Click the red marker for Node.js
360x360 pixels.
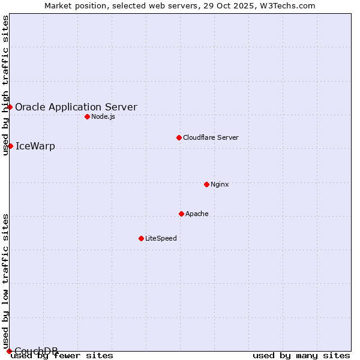tap(87, 116)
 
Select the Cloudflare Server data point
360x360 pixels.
tap(179, 137)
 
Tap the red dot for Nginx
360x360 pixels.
tap(206, 184)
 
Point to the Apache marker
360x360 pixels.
tap(181, 214)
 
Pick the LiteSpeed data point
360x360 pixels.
tap(141, 238)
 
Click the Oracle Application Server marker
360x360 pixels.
tap(10, 107)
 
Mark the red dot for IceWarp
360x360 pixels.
tap(10, 146)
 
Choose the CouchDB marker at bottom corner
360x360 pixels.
tap(9, 351)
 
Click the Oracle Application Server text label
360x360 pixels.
tap(76, 107)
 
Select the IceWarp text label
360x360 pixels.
tap(35, 146)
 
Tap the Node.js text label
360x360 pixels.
tap(103, 116)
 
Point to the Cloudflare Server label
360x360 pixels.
tap(211, 137)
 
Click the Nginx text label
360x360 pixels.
tap(220, 184)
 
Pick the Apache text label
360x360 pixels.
tap(197, 214)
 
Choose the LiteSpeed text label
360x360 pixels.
tap(161, 238)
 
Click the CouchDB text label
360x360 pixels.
tap(36, 350)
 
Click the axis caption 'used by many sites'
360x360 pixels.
tap(301, 356)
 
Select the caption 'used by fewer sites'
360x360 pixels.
tap(62, 356)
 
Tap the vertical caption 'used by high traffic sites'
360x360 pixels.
tap(5, 85)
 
